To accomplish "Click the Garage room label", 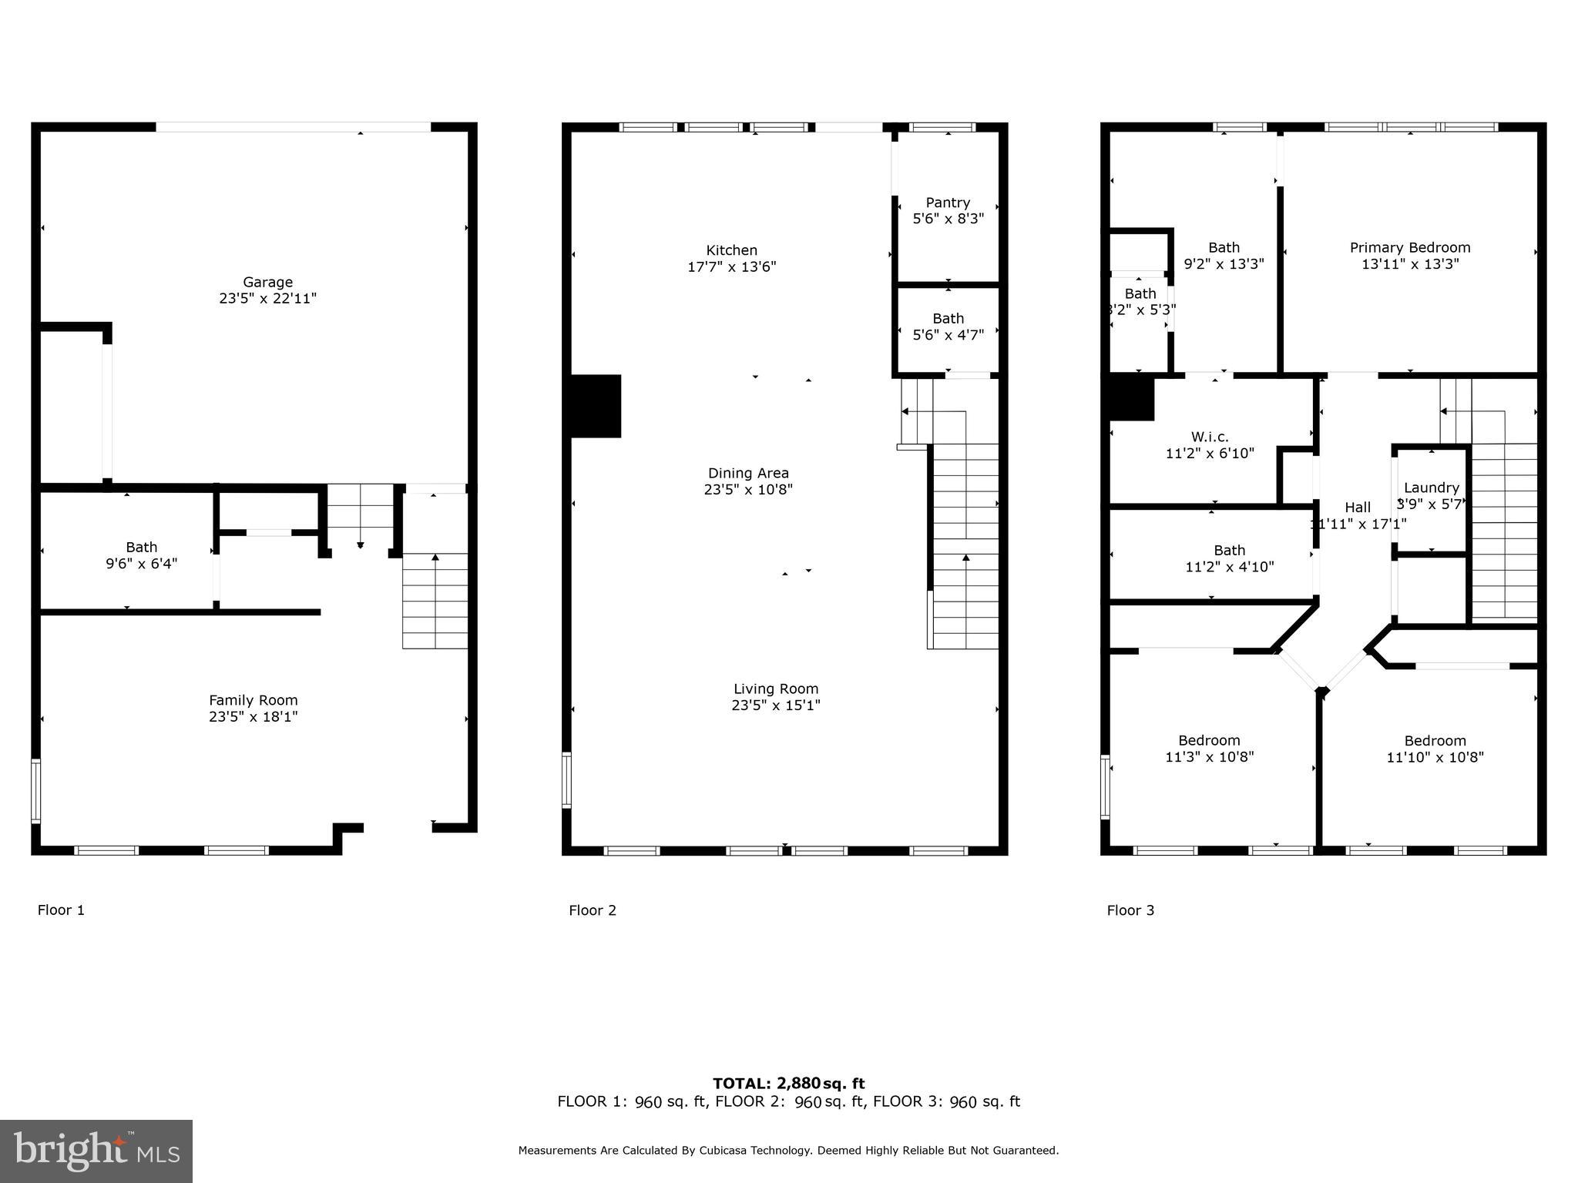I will (267, 282).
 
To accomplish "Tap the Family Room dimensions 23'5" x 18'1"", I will (253, 717).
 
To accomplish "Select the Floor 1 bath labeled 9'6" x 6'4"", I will (141, 555).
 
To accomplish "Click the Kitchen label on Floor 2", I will (731, 250).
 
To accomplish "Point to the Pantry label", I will (948, 203).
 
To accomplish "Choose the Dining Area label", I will (748, 473).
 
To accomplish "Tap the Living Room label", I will (775, 689).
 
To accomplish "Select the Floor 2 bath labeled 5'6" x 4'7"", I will (948, 327).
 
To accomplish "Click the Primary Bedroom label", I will (1410, 247).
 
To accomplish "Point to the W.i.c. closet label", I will (1208, 437).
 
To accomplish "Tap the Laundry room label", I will (1431, 488).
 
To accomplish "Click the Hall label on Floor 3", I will (1358, 507).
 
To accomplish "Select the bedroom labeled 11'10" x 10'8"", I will (1435, 749).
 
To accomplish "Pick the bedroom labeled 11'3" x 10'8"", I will (1209, 749).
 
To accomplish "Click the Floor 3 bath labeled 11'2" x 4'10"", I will (1229, 558).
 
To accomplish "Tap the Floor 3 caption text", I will (1130, 910).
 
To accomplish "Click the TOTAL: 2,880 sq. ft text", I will (788, 1084).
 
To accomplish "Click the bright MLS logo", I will (96, 1151).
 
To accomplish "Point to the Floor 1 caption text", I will (61, 910).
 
